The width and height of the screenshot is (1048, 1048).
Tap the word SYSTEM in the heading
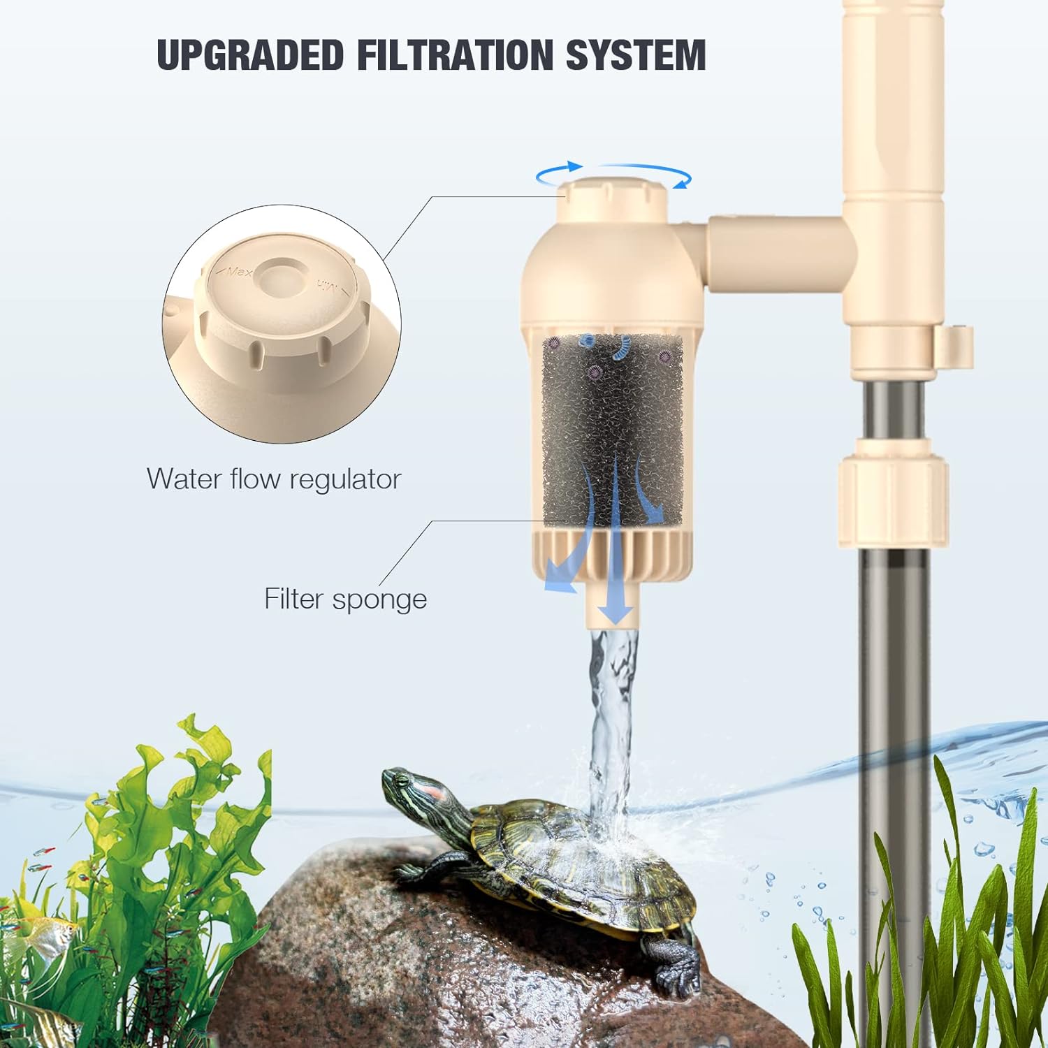[x=636, y=55]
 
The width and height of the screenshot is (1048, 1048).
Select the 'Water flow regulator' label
[x=274, y=479]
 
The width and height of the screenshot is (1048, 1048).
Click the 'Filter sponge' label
[x=345, y=599]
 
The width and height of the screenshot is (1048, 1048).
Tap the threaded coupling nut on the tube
[x=892, y=493]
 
